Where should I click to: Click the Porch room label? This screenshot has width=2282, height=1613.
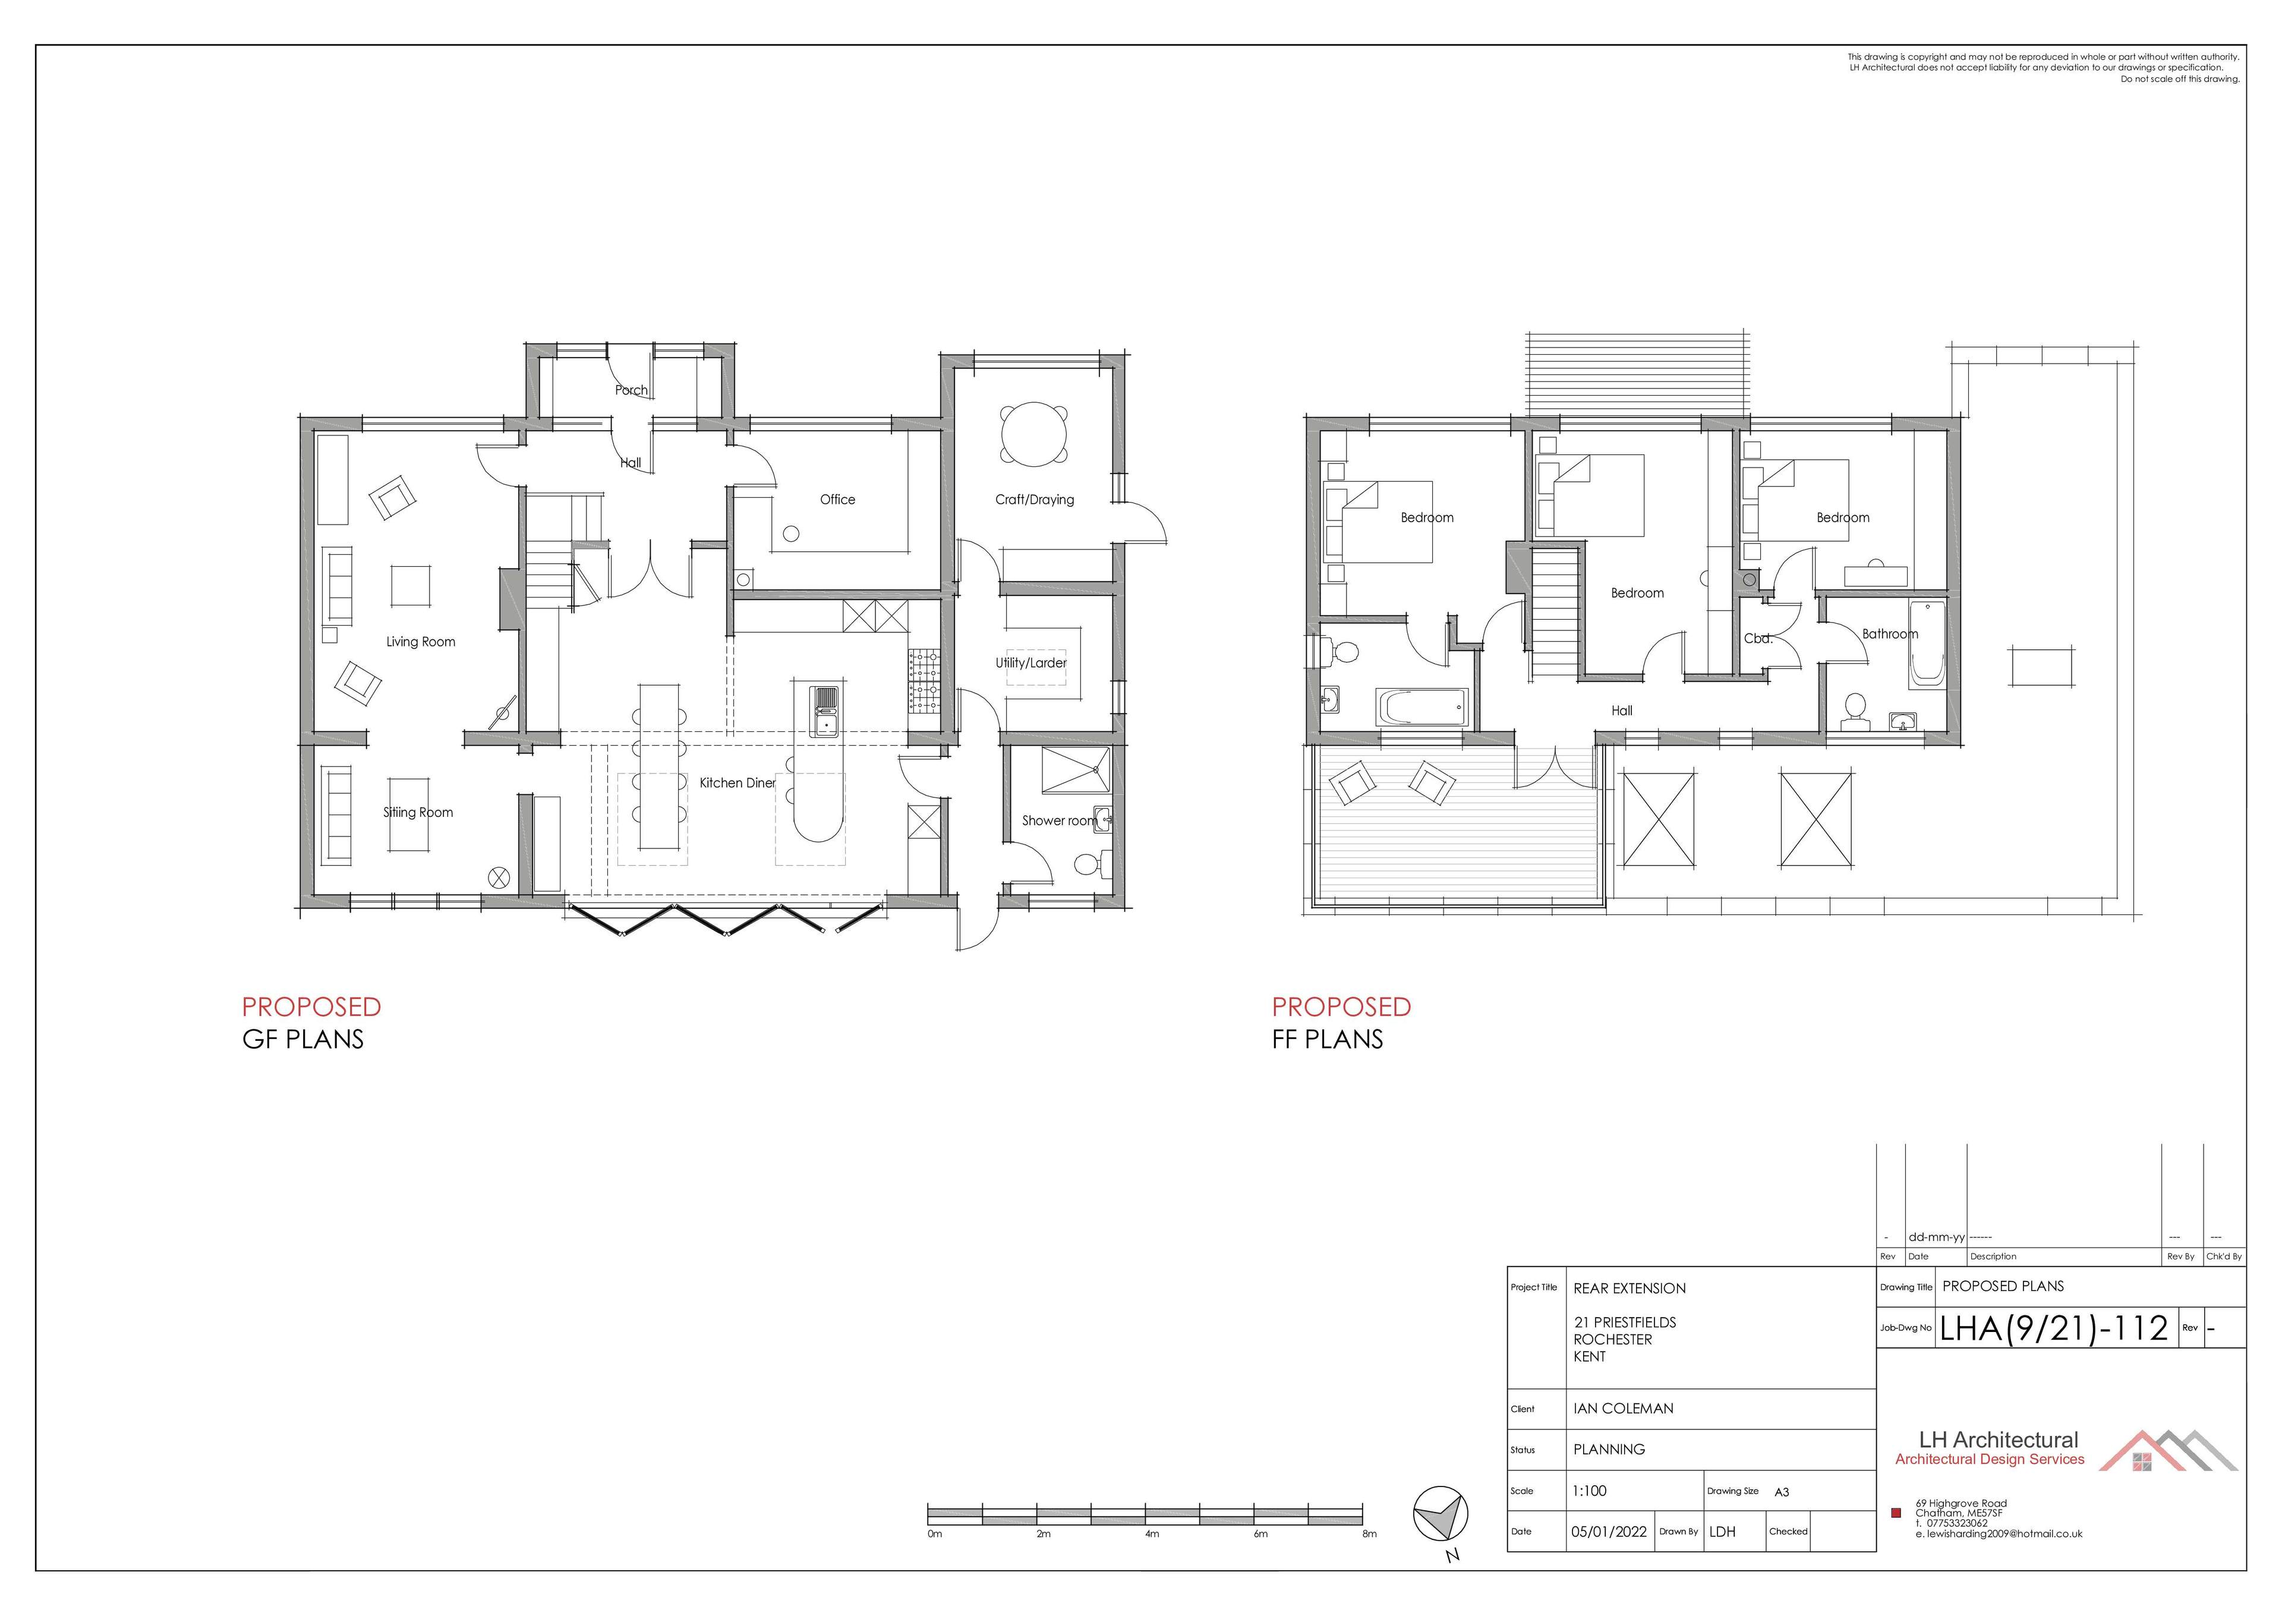click(631, 390)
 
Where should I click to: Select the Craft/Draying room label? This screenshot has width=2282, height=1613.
click(1035, 500)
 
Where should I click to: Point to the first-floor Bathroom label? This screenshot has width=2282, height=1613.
click(1889, 634)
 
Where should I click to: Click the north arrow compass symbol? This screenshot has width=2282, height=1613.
click(1440, 1516)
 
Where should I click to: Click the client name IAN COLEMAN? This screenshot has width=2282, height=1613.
click(1623, 1408)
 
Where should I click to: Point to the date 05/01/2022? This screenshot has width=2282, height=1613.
click(1608, 1532)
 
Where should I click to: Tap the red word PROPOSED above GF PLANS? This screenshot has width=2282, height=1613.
click(311, 1007)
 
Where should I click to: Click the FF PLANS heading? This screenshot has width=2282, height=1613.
click(1327, 1040)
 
